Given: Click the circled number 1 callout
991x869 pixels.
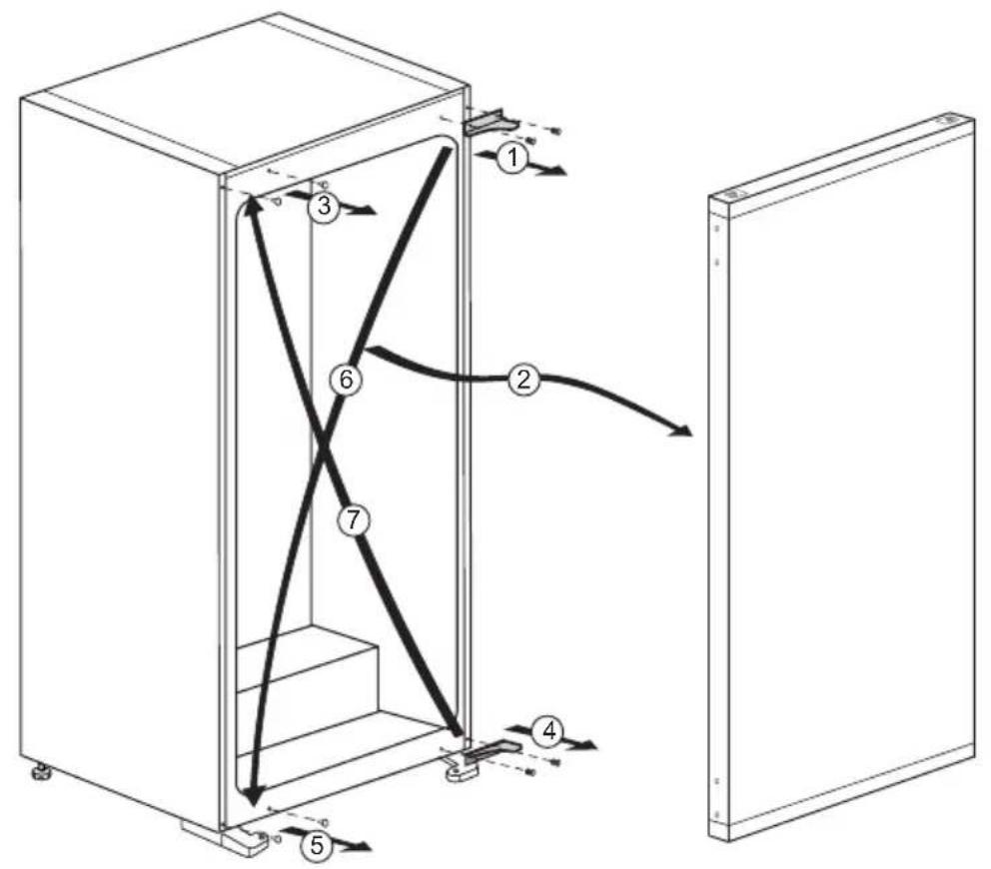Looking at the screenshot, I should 511,157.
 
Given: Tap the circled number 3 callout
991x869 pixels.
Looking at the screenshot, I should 322,207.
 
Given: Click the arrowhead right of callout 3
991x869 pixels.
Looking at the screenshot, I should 367,211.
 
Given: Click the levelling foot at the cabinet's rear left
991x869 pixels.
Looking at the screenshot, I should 41,771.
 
